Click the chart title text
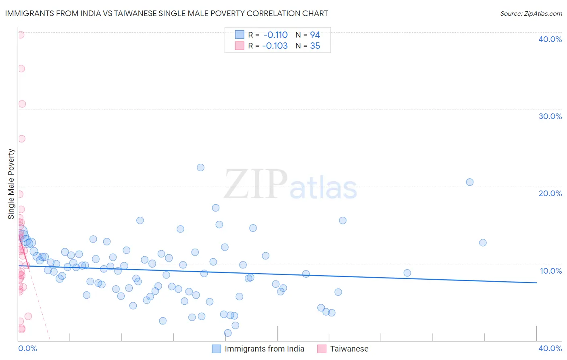167,13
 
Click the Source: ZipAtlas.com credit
531,13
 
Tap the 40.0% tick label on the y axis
550,39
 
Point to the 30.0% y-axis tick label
550,116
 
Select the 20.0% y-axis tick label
550,193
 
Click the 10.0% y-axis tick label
551,271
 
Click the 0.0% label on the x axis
27,348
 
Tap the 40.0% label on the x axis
550,348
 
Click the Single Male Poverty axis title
11,184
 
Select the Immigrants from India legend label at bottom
264,349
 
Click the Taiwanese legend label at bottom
349,349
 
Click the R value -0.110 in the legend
275,35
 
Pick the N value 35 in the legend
315,46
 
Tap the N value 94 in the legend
315,35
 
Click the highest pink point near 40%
21,35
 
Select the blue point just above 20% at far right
469,182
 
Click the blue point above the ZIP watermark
200,167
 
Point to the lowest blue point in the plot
228,333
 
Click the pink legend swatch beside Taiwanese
321,349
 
